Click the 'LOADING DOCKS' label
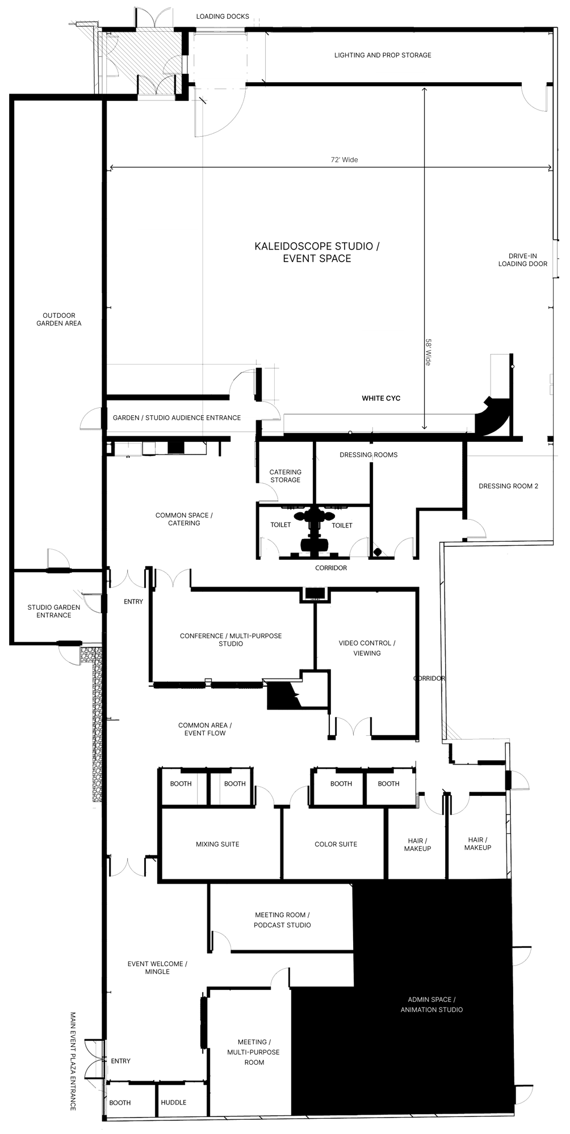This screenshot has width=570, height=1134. coord(223,16)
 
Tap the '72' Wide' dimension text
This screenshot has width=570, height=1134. coord(345,160)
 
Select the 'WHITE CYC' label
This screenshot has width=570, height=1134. coord(381,398)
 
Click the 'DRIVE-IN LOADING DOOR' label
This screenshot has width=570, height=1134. coord(523,260)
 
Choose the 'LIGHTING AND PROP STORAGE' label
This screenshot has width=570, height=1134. coord(383,55)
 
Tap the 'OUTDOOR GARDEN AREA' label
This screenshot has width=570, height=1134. coord(59,319)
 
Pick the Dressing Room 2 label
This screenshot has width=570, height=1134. coord(508,486)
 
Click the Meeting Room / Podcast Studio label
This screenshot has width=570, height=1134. coord(282,920)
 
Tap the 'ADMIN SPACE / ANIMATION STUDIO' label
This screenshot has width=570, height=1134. coord(431,1004)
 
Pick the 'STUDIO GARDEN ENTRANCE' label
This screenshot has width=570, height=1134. coord(54,611)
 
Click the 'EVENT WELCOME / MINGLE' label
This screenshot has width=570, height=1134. coord(157,967)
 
